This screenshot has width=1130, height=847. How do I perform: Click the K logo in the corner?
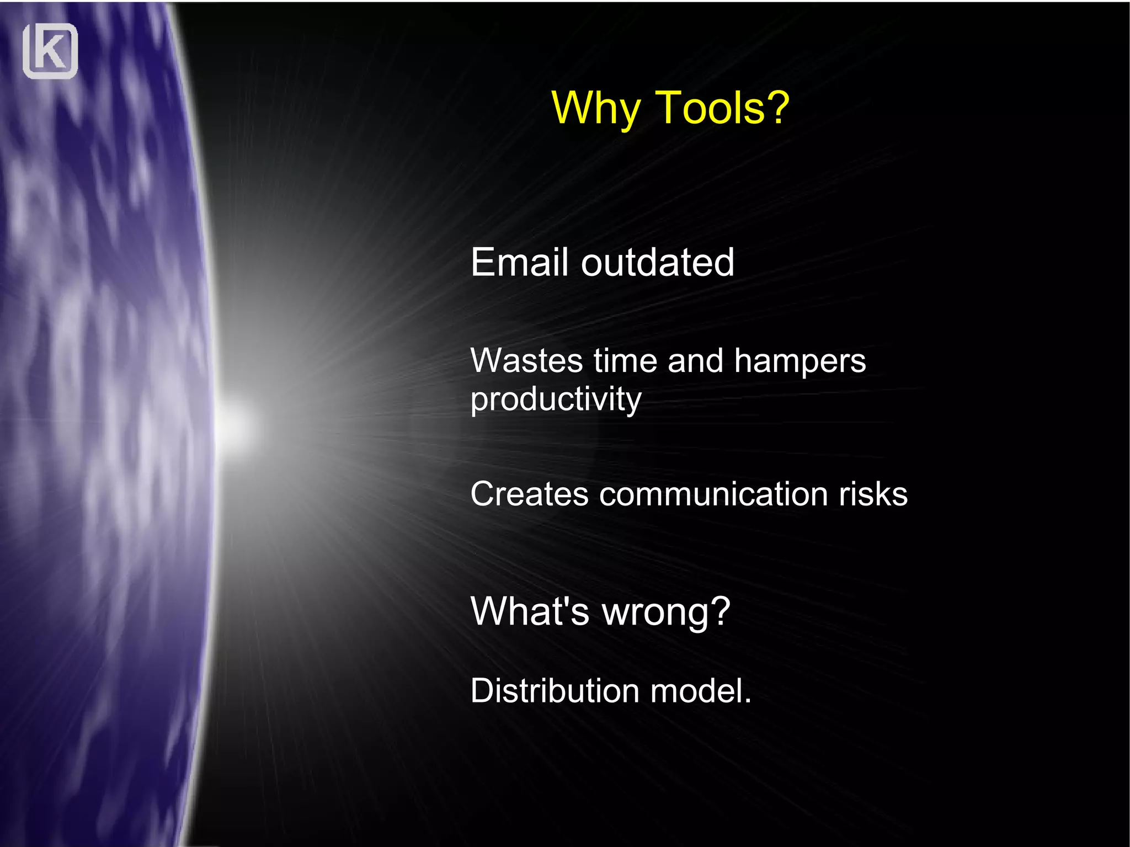[x=50, y=51]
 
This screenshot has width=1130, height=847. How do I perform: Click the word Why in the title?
[x=596, y=108]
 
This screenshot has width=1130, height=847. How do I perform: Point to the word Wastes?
[x=526, y=361]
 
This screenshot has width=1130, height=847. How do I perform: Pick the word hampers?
[x=799, y=362]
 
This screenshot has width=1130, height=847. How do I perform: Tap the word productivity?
[x=556, y=399]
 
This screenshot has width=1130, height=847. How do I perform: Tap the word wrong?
[x=666, y=612]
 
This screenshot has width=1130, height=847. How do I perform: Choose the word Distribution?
[x=554, y=690]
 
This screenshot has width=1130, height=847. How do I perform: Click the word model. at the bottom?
[x=700, y=690]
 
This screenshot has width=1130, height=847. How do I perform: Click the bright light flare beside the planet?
[x=234, y=425]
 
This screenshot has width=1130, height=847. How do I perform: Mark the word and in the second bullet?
[x=695, y=361]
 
